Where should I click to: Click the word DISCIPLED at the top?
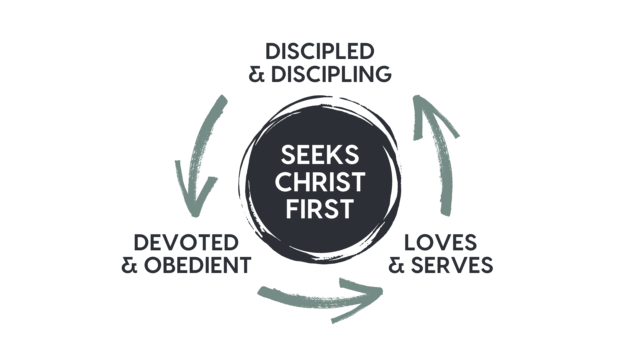click(x=320, y=52)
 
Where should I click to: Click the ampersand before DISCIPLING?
click(x=257, y=74)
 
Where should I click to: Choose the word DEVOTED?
click(x=186, y=242)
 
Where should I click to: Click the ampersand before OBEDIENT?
click(x=129, y=265)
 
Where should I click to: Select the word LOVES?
click(x=440, y=242)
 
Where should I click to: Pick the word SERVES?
click(x=451, y=265)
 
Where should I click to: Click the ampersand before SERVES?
click(x=396, y=265)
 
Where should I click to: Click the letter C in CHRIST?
click(x=286, y=182)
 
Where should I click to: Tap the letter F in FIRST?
click(x=292, y=209)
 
